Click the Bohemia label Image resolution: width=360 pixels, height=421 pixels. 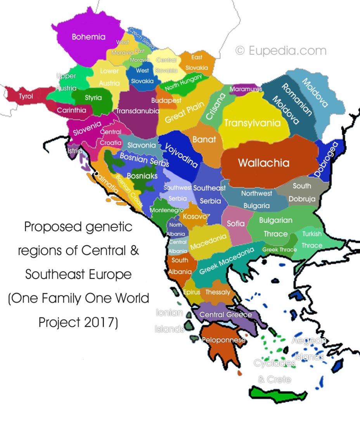(x=88, y=37)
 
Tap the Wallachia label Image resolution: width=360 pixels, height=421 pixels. (x=263, y=162)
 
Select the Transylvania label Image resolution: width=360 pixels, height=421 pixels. (x=252, y=123)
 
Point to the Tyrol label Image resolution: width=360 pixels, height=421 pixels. (x=26, y=96)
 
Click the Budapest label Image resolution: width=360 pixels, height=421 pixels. (x=166, y=100)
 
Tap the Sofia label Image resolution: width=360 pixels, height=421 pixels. (x=235, y=223)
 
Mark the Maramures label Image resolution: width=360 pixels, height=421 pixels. (x=246, y=89)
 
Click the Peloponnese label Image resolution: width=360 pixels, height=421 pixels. (x=223, y=340)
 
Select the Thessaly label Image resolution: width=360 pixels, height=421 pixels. (x=218, y=292)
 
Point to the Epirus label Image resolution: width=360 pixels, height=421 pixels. (x=191, y=292)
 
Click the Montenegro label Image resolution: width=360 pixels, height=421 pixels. (x=166, y=210)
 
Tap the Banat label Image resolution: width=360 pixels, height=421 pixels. (x=204, y=139)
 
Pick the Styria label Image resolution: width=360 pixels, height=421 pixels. (x=93, y=98)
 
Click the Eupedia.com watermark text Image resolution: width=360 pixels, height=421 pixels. (x=281, y=50)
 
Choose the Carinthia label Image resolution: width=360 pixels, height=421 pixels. (x=71, y=110)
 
